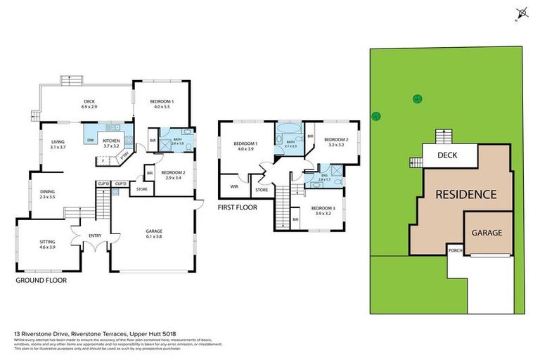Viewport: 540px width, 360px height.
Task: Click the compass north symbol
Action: [521, 13]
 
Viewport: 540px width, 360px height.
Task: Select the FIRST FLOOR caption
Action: [238, 207]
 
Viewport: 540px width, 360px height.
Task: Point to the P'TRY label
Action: [125, 155]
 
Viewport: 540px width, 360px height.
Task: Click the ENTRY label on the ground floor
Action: [95, 236]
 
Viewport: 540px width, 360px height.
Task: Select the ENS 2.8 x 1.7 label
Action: [326, 179]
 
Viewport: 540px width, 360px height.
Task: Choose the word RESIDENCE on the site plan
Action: [464, 194]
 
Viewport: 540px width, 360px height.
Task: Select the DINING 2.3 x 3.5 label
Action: [47, 193]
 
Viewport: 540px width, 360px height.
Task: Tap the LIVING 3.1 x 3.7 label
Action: [57, 144]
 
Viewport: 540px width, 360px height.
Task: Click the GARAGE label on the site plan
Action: [487, 232]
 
